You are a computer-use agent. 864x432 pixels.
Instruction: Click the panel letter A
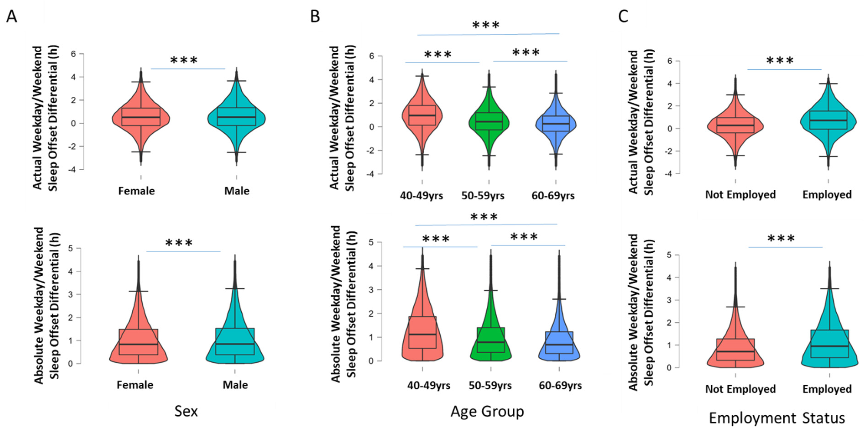click(x=11, y=16)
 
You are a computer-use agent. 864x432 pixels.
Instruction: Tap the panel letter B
click(x=315, y=16)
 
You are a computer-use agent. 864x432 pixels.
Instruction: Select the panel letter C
click(x=623, y=16)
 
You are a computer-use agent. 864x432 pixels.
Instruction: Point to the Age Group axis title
click(x=487, y=411)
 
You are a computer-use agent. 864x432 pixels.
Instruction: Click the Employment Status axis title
click(x=776, y=418)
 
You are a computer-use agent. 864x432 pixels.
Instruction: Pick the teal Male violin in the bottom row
click(x=235, y=349)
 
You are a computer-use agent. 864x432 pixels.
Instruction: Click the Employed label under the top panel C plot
click(x=827, y=195)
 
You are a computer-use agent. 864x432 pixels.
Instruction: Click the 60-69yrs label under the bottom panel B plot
click(x=560, y=386)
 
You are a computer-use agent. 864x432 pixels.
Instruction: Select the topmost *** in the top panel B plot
click(x=486, y=25)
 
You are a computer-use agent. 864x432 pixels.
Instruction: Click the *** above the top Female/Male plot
click(x=184, y=61)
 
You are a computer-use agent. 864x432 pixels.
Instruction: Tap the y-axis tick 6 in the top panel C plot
click(x=669, y=61)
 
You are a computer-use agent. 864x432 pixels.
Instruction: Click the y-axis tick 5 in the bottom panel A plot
click(x=70, y=248)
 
